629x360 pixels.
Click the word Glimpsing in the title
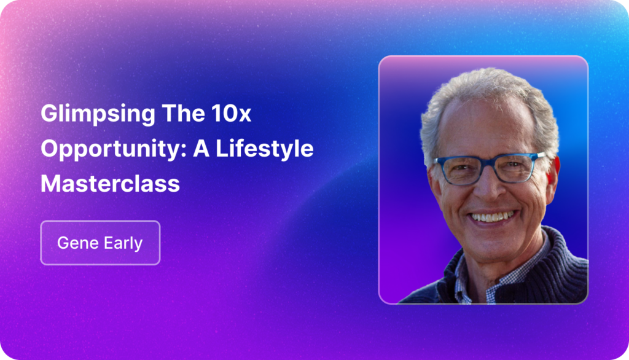(98, 114)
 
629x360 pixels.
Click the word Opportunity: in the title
(114, 149)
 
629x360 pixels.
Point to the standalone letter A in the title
(201, 148)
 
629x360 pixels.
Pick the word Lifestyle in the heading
(264, 149)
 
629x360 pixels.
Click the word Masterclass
(111, 184)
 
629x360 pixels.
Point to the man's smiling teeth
(493, 217)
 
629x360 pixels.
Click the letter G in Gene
(63, 243)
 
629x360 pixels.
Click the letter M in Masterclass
(50, 184)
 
